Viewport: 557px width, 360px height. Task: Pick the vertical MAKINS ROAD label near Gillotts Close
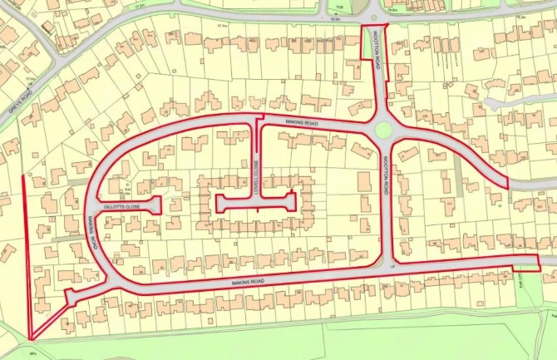pyautogui.click(x=92, y=232)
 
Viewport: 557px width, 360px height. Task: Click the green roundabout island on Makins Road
pyautogui.click(x=383, y=129)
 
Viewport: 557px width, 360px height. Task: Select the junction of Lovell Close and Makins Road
pyautogui.click(x=256, y=123)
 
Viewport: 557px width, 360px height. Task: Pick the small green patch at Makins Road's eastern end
pyautogui.click(x=525, y=269)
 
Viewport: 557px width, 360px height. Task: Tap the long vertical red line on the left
pyautogui.click(x=24, y=249)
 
